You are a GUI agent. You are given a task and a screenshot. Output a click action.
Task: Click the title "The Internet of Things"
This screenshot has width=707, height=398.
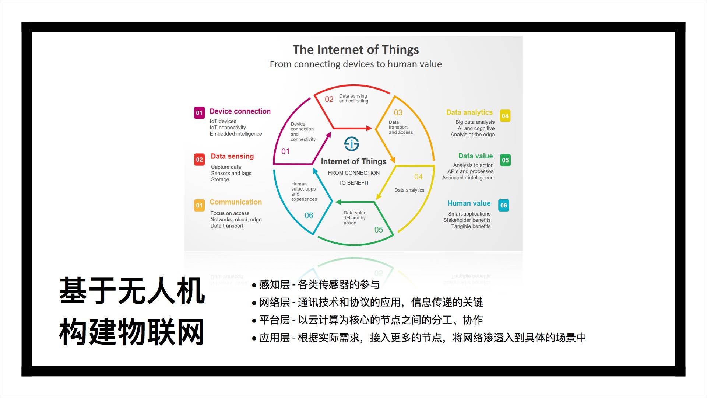pyautogui.click(x=356, y=50)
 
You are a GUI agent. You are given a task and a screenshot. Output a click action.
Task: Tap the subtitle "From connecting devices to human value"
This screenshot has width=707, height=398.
pyautogui.click(x=356, y=64)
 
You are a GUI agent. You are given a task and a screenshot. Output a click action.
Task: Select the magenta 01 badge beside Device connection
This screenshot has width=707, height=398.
pyautogui.click(x=199, y=113)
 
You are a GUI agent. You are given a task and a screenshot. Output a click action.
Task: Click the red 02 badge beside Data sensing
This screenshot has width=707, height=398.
pyautogui.click(x=199, y=160)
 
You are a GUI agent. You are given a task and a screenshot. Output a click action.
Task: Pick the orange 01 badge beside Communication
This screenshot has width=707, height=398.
pyautogui.click(x=199, y=205)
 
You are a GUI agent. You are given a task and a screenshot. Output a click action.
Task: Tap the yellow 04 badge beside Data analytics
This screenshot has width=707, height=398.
pyautogui.click(x=505, y=116)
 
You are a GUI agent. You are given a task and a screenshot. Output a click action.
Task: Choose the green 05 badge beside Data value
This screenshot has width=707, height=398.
pyautogui.click(x=505, y=160)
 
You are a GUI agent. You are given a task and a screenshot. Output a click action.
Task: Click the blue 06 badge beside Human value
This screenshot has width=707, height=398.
pyautogui.click(x=503, y=205)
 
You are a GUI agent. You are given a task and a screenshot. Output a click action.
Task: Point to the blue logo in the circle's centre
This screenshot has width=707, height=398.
pyautogui.click(x=352, y=144)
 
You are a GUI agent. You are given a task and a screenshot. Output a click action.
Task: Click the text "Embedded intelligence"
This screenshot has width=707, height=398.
pyautogui.click(x=236, y=134)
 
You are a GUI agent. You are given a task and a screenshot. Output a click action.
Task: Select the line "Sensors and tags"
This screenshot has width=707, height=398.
pyautogui.click(x=231, y=173)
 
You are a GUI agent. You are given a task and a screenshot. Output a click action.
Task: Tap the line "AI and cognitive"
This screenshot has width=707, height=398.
pyautogui.click(x=476, y=128)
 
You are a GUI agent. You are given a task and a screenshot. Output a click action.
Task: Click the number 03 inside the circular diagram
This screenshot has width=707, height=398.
pyautogui.click(x=398, y=112)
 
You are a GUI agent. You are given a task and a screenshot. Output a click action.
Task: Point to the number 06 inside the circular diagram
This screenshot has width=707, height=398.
pyautogui.click(x=309, y=216)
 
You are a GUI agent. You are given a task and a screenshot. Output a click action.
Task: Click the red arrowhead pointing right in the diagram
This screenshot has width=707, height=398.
pyautogui.click(x=369, y=128)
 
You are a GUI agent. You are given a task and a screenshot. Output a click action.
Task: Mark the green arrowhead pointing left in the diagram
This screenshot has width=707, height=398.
pyautogui.click(x=338, y=202)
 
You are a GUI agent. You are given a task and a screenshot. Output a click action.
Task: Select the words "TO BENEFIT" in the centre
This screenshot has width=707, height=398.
pyautogui.click(x=353, y=183)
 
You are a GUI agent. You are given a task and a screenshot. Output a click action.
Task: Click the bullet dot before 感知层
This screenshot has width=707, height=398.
pyautogui.click(x=254, y=286)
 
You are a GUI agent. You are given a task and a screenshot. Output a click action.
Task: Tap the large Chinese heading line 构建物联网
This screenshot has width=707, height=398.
pyautogui.click(x=131, y=332)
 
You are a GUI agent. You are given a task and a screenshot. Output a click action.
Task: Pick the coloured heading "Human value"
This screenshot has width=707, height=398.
pyautogui.click(x=469, y=203)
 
